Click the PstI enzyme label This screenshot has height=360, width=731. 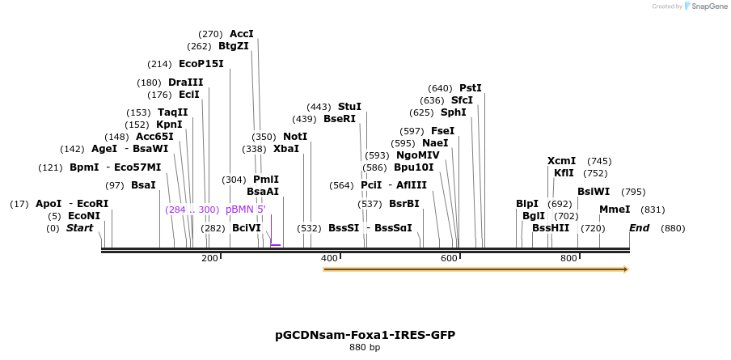click(470, 88)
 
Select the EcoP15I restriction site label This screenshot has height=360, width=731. click(201, 64)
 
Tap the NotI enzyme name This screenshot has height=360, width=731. click(295, 137)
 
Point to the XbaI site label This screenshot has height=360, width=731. click(286, 149)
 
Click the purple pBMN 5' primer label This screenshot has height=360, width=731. click(245, 210)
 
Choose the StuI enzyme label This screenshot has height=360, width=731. click(349, 107)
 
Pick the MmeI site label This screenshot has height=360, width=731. click(615, 210)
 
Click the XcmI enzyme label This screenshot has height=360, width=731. click(561, 161)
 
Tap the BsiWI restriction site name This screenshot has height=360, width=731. click(594, 192)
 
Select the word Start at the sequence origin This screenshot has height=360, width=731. click(79, 228)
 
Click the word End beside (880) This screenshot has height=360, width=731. click(639, 228)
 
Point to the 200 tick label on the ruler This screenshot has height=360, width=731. click(209, 258)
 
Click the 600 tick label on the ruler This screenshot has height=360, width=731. click(449, 258)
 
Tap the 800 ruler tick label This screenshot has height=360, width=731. click(568, 258)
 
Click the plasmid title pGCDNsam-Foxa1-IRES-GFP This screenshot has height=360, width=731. click(365, 334)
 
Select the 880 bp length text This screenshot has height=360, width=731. click(365, 348)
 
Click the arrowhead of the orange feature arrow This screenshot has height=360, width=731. click(624, 269)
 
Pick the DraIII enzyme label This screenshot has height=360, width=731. click(186, 83)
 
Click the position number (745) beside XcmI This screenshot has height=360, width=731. click(599, 161)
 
